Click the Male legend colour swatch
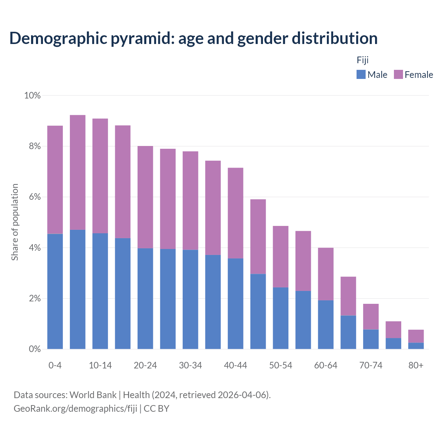(361, 74)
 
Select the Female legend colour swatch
(398, 74)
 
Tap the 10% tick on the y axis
(32, 95)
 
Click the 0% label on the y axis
(35, 349)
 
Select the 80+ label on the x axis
(416, 365)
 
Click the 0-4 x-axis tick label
(55, 365)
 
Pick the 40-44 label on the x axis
(235, 365)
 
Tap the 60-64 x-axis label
(326, 365)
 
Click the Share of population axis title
(15, 222)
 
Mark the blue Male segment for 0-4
(55, 291)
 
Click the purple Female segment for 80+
(416, 336)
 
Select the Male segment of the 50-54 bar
(281, 318)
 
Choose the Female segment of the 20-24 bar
(145, 197)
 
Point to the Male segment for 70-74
(371, 339)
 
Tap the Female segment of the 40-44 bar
(235, 213)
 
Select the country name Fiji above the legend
(362, 60)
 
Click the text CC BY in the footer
(156, 409)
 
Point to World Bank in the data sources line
(93, 395)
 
